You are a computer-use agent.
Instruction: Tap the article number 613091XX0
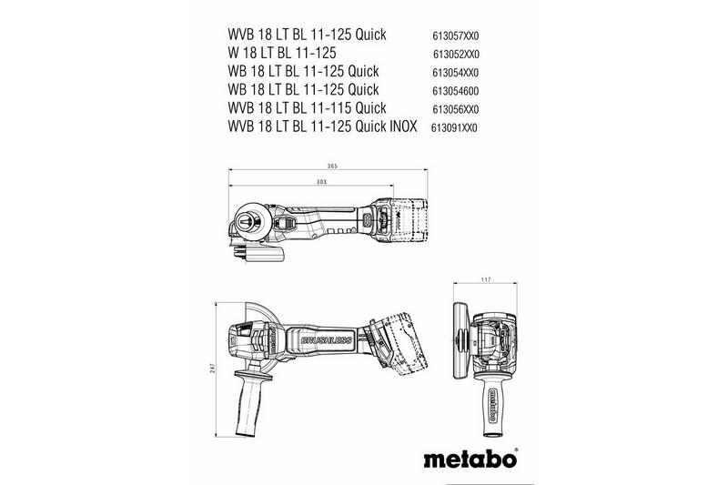[454, 128]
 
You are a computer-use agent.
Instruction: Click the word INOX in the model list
[398, 127]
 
